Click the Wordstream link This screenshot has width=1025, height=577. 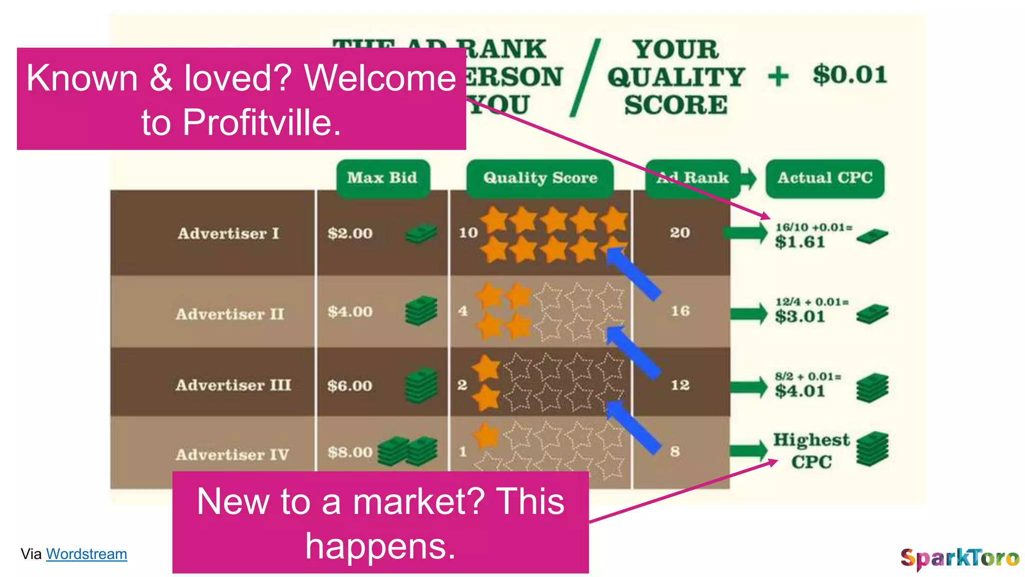(x=86, y=554)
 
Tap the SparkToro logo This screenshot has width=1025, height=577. (x=959, y=558)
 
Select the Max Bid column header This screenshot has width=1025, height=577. (x=382, y=178)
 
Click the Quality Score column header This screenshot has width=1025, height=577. (x=540, y=178)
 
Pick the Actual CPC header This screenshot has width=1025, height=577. (x=825, y=178)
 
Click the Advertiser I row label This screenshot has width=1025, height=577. (x=228, y=233)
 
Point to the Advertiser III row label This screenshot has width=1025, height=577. (x=233, y=385)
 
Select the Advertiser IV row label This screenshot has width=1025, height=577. (x=232, y=455)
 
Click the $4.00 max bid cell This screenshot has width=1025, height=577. (x=350, y=312)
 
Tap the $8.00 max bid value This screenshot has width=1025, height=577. (x=350, y=452)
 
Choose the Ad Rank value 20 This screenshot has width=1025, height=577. (x=680, y=232)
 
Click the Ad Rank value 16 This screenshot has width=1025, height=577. (x=680, y=311)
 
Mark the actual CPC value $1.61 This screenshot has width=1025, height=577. (x=800, y=242)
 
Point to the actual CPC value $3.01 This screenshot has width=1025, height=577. (x=800, y=317)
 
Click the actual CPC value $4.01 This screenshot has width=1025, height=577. (x=800, y=391)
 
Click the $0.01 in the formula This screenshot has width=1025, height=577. (x=850, y=75)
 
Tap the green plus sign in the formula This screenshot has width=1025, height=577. (x=778, y=77)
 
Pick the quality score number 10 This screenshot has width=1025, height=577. (x=468, y=233)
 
